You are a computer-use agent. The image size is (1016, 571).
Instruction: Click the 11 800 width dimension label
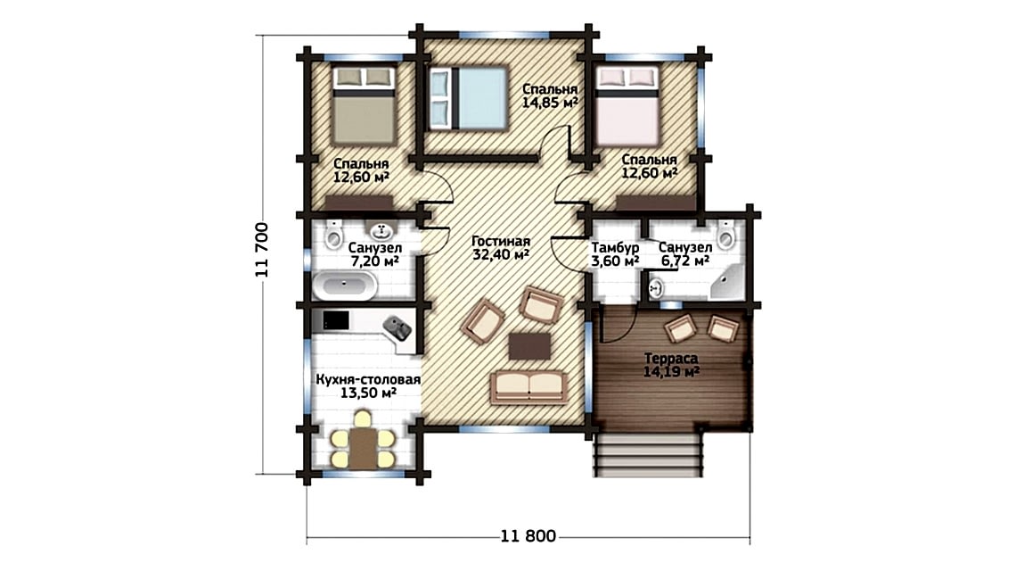tap(528, 536)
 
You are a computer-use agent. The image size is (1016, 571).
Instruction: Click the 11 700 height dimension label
tap(262, 250)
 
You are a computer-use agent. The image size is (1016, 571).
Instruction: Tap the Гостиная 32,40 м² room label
tap(501, 248)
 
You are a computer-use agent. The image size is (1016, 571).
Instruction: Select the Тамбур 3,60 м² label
tap(615, 254)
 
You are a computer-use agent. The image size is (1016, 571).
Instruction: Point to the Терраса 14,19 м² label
tap(670, 365)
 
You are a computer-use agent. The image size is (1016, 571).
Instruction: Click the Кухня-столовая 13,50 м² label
tap(368, 386)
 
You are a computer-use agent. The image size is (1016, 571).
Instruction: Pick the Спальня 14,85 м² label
tap(550, 95)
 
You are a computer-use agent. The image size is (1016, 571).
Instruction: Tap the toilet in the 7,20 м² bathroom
tap(333, 235)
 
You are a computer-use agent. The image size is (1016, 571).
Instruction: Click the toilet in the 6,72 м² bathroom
tap(725, 235)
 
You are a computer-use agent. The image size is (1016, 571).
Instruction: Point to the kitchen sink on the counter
tap(397, 327)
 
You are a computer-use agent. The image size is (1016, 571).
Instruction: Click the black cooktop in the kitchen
tap(336, 320)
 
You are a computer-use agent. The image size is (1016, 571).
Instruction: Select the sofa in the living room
tap(528, 387)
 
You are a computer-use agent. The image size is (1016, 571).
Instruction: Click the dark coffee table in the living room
tap(529, 346)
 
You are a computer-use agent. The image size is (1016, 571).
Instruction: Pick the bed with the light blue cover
tap(468, 98)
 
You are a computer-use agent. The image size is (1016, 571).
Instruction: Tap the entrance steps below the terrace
tap(649, 455)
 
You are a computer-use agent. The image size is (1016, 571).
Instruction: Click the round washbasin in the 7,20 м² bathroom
tap(381, 230)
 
